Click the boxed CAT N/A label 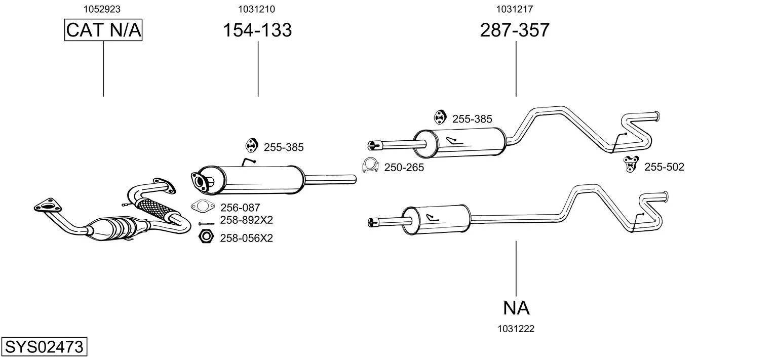103,30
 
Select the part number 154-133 258,30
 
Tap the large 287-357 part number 515,30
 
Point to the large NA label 516,307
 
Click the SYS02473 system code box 44,348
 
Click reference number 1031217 515,9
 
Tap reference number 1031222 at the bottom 516,329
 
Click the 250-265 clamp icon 371,166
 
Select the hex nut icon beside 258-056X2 206,236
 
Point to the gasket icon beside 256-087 203,206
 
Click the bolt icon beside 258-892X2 206,223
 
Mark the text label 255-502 664,167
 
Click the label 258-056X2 246,238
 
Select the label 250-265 404,168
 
